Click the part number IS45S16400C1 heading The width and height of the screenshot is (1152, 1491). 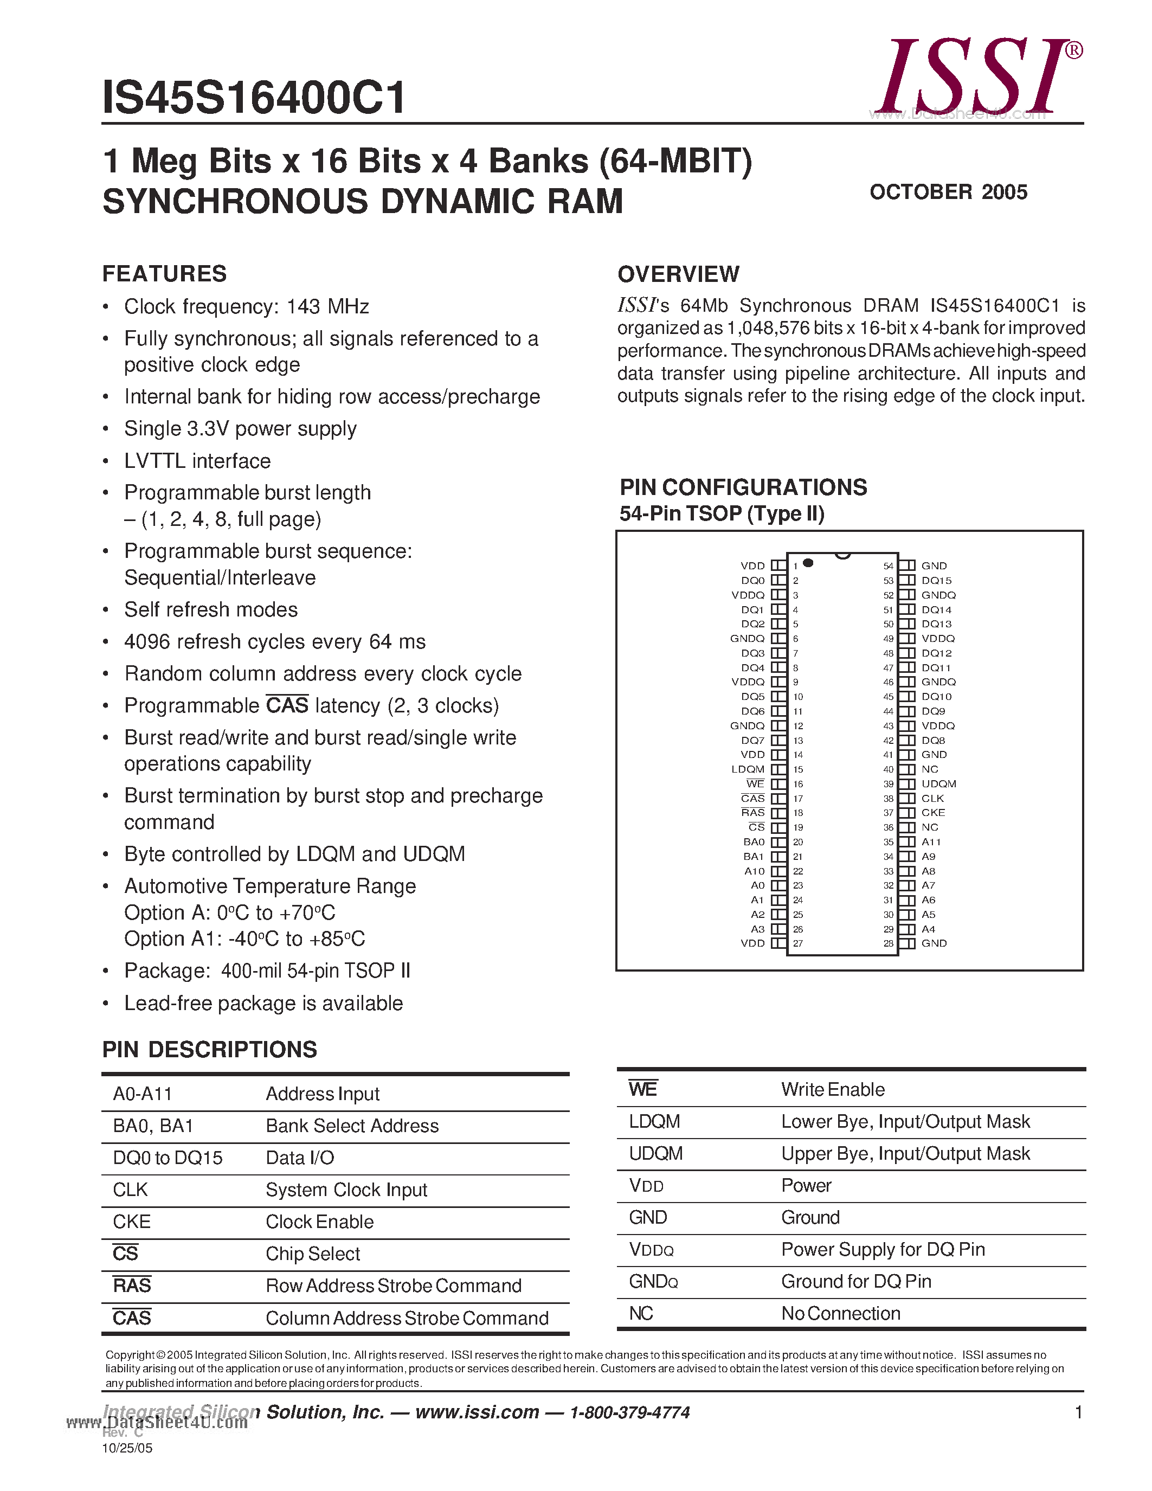click(x=254, y=98)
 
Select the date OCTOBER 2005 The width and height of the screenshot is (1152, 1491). click(x=948, y=192)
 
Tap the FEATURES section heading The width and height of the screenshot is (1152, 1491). click(x=164, y=274)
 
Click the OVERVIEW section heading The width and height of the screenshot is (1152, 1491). click(x=678, y=274)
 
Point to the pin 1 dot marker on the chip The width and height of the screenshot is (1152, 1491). click(x=808, y=563)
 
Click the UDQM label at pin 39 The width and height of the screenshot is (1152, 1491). click(x=938, y=784)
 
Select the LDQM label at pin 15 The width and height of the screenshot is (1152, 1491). click(x=748, y=769)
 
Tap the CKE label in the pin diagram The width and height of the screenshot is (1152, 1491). click(x=933, y=812)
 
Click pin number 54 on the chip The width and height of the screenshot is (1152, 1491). click(x=888, y=566)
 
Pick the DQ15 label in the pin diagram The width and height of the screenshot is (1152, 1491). click(x=936, y=580)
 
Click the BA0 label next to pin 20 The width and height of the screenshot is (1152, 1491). click(x=754, y=842)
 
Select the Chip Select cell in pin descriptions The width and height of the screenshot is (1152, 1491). click(x=313, y=1254)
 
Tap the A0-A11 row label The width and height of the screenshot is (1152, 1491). click(x=143, y=1094)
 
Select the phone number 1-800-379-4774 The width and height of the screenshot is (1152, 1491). click(x=629, y=1412)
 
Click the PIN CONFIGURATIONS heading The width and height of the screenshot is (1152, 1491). click(x=743, y=487)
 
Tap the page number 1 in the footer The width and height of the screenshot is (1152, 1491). click(x=1078, y=1412)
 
